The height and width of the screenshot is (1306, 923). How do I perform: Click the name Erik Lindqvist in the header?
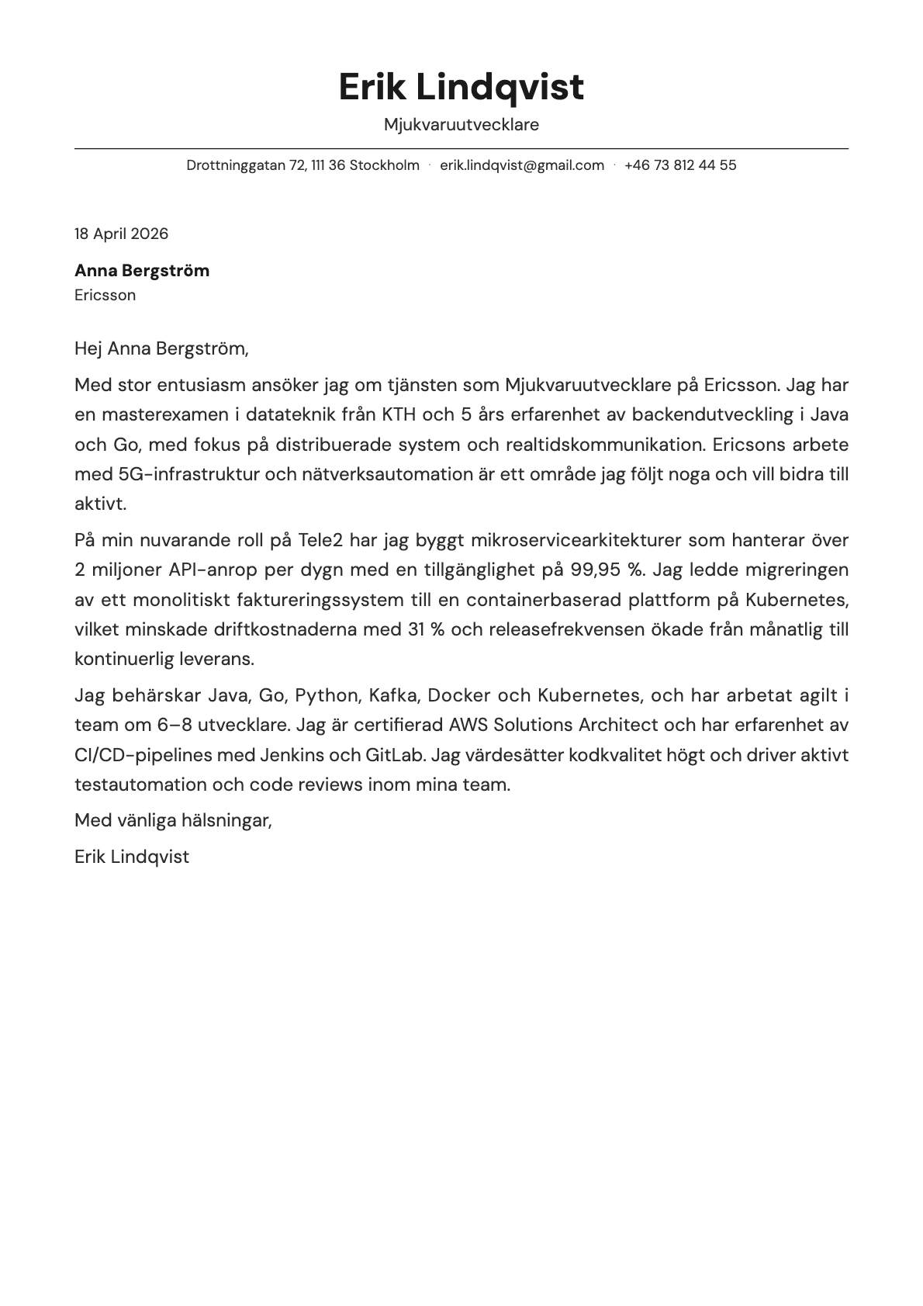461,86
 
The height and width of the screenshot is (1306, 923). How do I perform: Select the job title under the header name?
461,124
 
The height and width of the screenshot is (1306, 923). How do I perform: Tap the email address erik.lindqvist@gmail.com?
521,165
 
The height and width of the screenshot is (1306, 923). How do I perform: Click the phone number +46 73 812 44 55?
679,165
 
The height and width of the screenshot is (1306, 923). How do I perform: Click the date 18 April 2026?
121,234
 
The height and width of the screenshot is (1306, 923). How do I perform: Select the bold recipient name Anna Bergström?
142,271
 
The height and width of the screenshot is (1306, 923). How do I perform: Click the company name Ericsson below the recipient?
105,295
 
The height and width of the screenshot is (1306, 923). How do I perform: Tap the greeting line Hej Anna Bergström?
161,348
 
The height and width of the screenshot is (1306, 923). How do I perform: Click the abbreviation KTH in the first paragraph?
399,414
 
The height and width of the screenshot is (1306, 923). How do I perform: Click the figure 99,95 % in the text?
607,570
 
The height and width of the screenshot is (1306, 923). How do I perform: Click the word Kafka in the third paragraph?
394,695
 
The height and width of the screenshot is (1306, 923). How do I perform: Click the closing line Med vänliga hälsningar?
173,820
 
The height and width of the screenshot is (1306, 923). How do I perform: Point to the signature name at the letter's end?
132,857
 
